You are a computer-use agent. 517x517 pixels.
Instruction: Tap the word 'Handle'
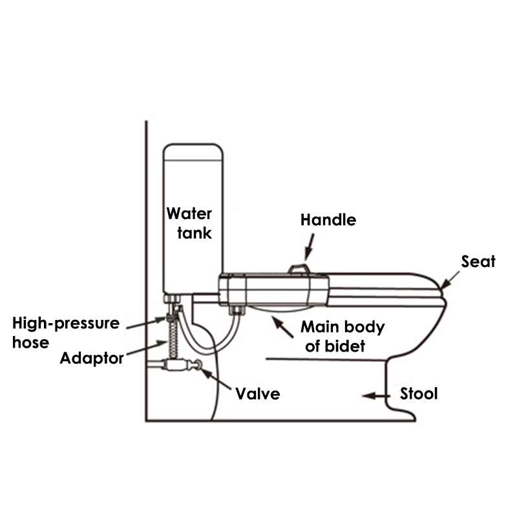tap(328, 220)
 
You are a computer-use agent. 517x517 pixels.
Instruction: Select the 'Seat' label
tap(478, 261)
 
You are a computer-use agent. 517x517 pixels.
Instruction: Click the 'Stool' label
tap(419, 393)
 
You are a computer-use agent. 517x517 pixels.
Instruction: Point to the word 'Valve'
tap(257, 393)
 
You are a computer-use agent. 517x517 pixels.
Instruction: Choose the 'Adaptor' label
tap(91, 357)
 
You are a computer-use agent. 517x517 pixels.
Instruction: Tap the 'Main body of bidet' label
tap(343, 336)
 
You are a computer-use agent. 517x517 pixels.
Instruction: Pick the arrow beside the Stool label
tap(375, 394)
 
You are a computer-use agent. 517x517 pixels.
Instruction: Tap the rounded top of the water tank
tap(193, 151)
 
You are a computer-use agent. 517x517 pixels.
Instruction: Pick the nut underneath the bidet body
tap(238, 311)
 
